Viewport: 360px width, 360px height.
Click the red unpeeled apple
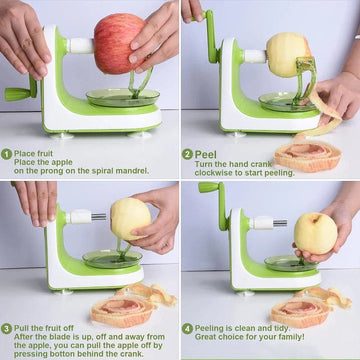pyautogui.click(x=120, y=43)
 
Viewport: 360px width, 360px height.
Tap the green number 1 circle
pyautogui.click(x=6, y=154)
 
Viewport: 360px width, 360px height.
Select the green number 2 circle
pyautogui.click(x=187, y=154)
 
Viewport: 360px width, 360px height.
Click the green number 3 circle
pyautogui.click(x=6, y=328)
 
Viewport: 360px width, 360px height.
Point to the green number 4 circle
pyautogui.click(x=187, y=328)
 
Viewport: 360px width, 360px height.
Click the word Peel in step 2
pyautogui.click(x=206, y=154)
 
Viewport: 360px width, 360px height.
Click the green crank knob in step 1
pyautogui.click(x=17, y=94)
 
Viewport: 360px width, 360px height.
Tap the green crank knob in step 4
pyautogui.click(x=208, y=187)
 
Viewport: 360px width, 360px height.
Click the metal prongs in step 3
pyautogui.click(x=99, y=217)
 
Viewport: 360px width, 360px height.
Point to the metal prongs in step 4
pyautogui.click(x=280, y=223)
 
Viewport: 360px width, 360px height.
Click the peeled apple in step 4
pyautogui.click(x=315, y=234)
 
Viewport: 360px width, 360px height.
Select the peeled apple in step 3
pyautogui.click(x=130, y=219)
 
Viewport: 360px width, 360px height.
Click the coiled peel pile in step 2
pyautogui.click(x=308, y=155)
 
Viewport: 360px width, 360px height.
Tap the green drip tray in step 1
pyautogui.click(x=123, y=98)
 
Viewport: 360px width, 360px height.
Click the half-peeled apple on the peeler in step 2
pyautogui.click(x=287, y=55)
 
